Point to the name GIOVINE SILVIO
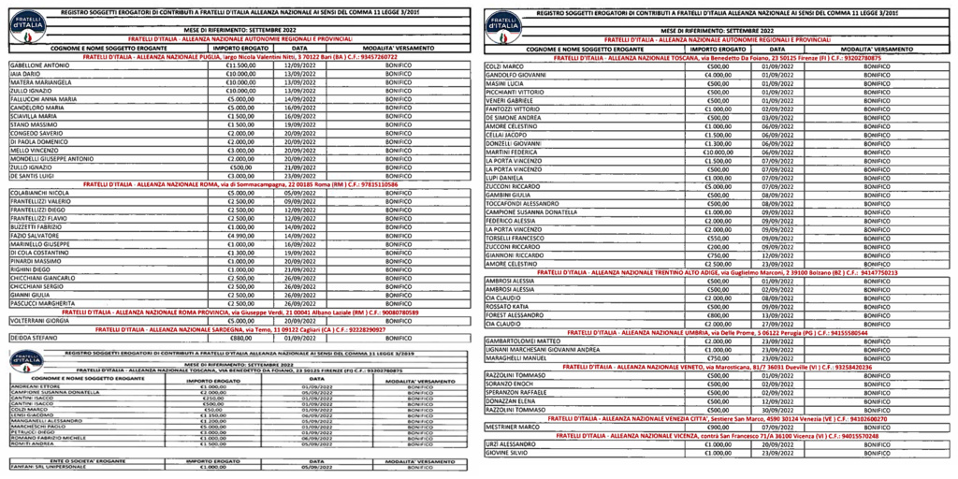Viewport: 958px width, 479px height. click(x=506, y=453)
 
